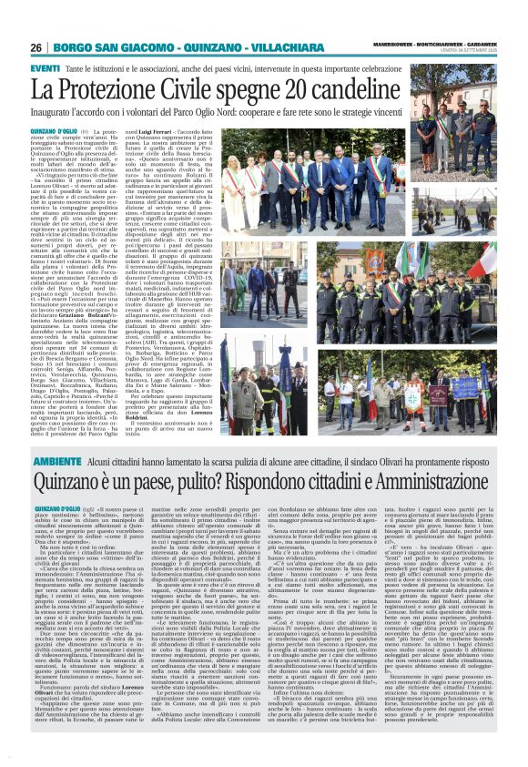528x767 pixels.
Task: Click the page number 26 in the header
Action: point(36,47)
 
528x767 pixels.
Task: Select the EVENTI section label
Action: point(46,68)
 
